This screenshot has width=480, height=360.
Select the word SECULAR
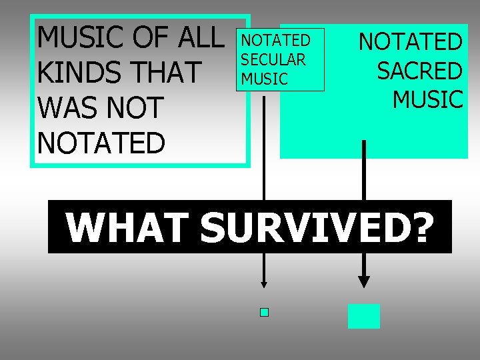[x=273, y=60]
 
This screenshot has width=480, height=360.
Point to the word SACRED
[x=419, y=71]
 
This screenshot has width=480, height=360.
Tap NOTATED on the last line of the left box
[x=101, y=143]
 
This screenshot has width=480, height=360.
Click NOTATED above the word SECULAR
[x=275, y=41]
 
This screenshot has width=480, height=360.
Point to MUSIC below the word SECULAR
[x=265, y=79]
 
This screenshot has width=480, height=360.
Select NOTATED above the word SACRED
[x=410, y=42]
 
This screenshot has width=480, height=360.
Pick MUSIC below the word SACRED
[x=427, y=99]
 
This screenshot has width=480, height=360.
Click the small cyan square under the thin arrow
[x=264, y=312]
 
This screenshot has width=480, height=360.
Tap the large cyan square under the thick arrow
[x=364, y=316]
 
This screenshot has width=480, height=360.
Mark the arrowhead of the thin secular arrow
[x=264, y=284]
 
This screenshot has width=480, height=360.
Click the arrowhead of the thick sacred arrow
[x=364, y=281]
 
